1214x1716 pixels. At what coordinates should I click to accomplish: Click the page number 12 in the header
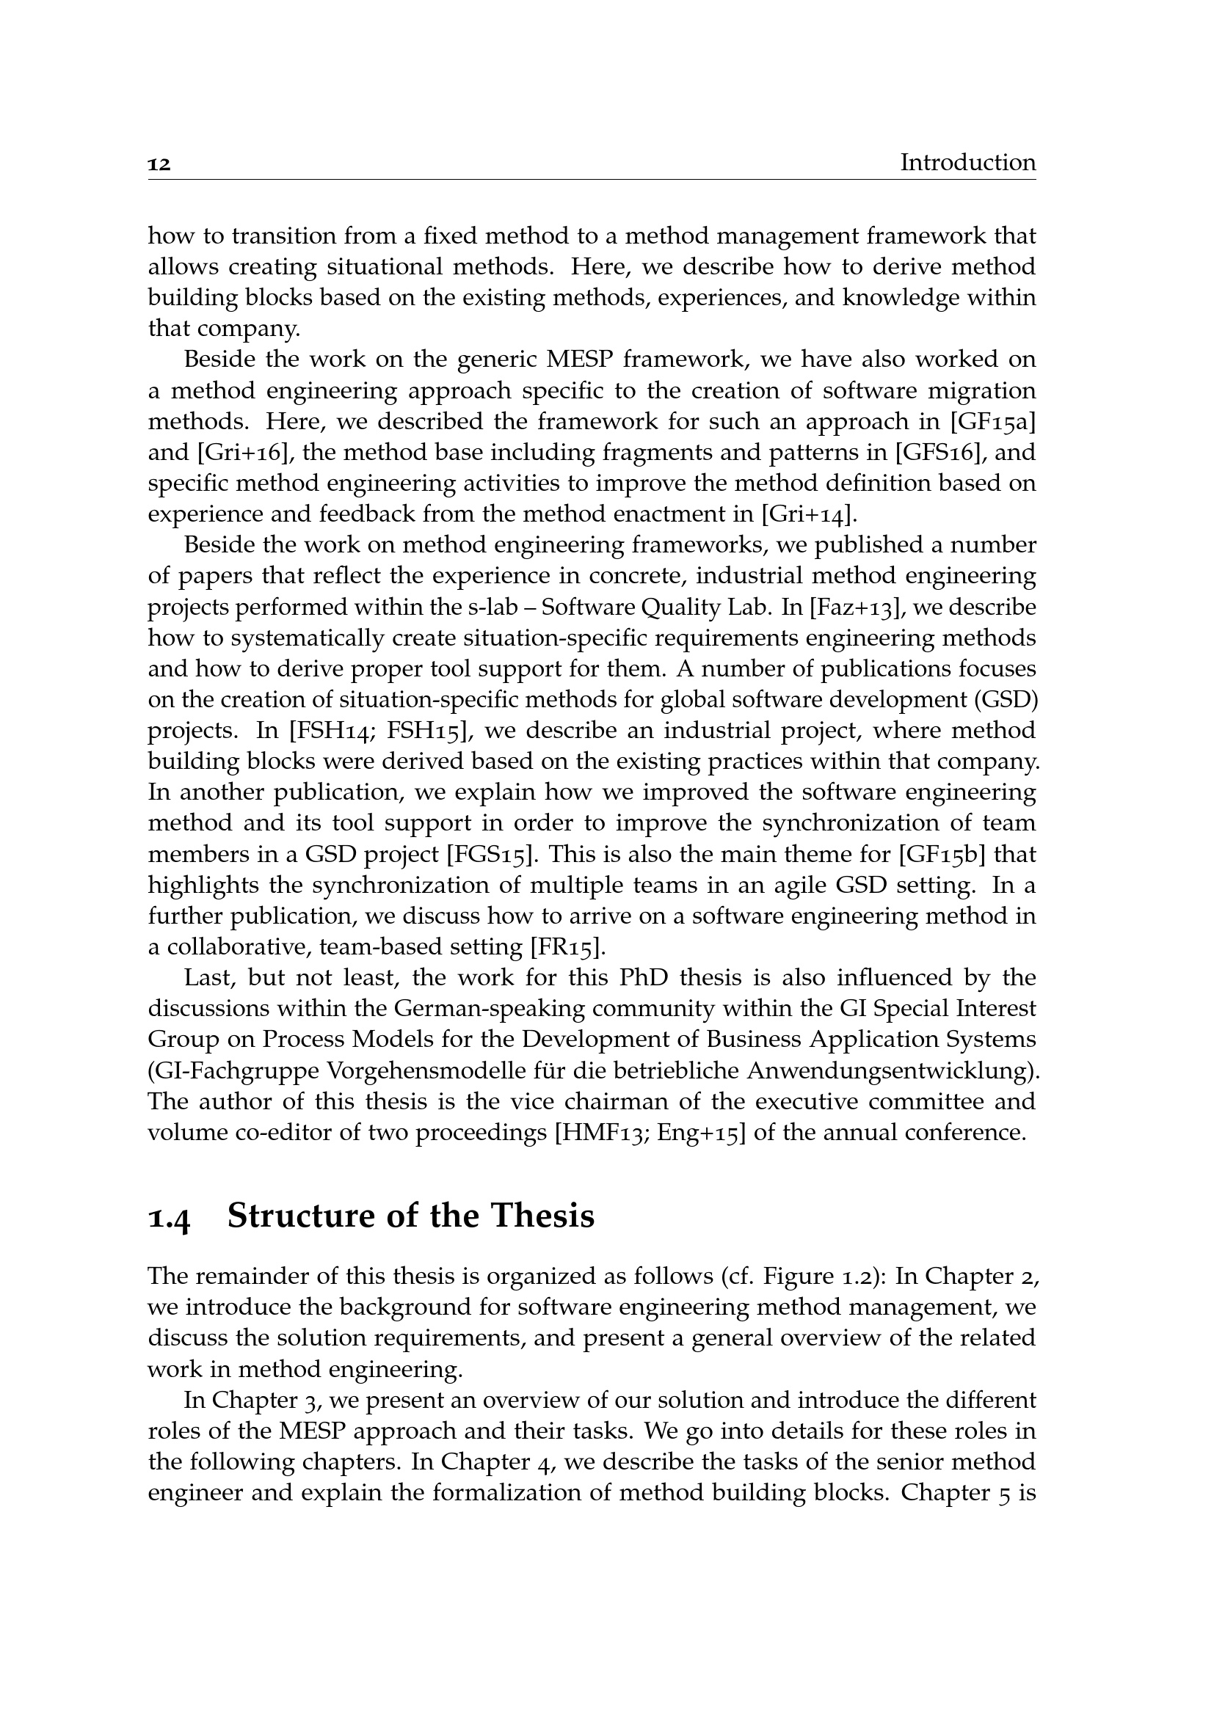point(159,164)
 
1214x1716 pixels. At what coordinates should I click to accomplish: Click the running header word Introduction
point(967,162)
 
